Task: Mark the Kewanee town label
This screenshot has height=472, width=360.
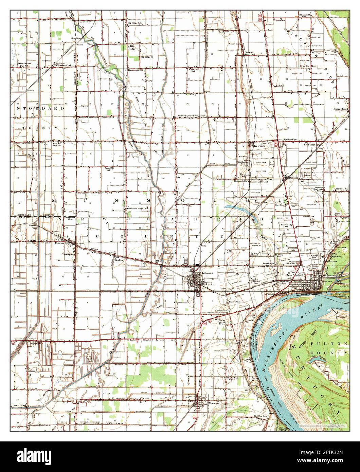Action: pyautogui.click(x=260, y=146)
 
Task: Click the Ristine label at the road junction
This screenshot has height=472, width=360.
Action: pyautogui.click(x=293, y=177)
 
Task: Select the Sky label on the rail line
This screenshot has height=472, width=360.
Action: pyautogui.click(x=158, y=260)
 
